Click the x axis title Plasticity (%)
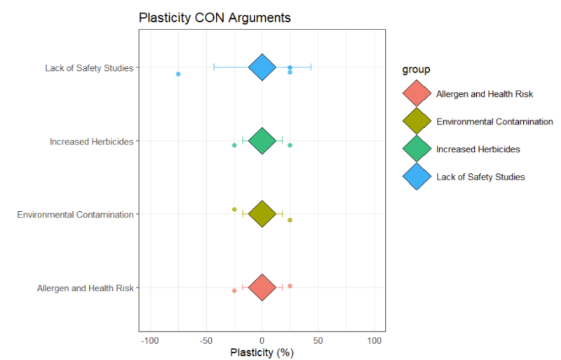coord(262,352)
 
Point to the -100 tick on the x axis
coord(149,340)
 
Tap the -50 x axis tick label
coord(205,340)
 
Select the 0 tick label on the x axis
coord(262,340)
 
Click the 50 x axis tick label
coord(318,340)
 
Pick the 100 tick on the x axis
coord(374,340)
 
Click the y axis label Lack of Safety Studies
coord(89,68)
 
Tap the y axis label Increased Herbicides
coord(91,141)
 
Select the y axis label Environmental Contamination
coord(75,214)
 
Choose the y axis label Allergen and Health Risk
coord(85,288)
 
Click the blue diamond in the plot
coord(262,67)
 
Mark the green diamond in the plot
coord(262,140)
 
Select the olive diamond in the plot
coord(262,214)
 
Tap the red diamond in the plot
coord(262,287)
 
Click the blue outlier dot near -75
coord(178,74)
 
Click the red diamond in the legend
coord(417,93)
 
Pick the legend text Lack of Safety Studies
coord(480,177)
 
